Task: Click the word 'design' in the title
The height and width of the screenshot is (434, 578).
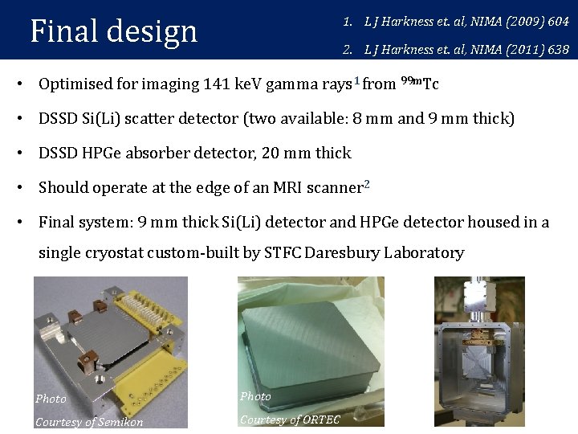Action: (x=151, y=32)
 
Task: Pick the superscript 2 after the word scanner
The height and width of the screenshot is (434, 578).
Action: (x=366, y=183)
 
